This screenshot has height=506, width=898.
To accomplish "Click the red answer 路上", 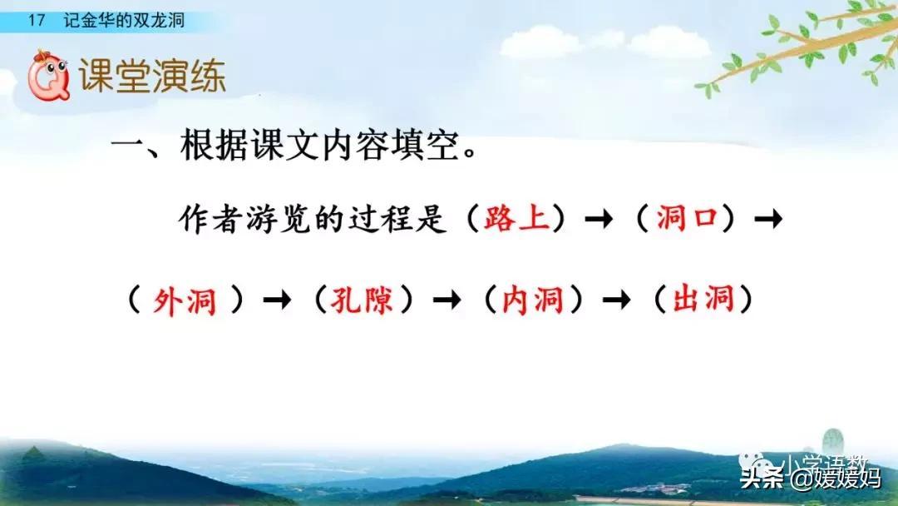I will point(516,219).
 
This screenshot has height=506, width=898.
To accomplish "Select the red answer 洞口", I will point(686,219).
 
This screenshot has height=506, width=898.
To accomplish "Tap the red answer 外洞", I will point(185,300).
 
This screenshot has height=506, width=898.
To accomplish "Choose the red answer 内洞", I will point(533,300).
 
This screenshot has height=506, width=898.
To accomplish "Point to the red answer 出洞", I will point(703,300).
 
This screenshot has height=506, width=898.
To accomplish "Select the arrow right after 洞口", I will point(768,220).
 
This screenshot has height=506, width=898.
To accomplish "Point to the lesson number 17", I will point(36,22).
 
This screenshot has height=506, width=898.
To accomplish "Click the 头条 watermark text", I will point(762,478).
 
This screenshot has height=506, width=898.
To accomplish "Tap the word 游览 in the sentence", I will point(286,220).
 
